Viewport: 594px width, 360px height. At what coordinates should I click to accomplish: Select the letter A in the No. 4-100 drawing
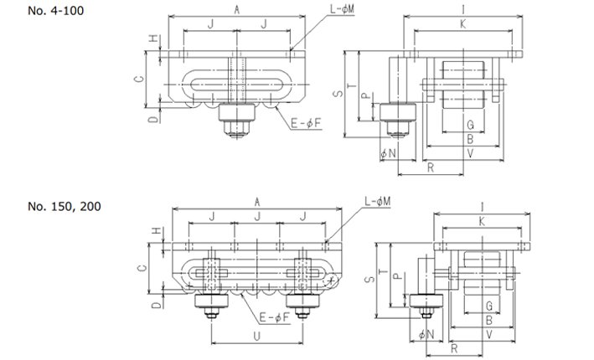[x=237, y=10]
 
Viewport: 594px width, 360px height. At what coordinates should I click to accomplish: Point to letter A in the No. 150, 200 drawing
[x=256, y=201]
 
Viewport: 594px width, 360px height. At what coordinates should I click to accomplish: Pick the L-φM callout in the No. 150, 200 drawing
[x=381, y=202]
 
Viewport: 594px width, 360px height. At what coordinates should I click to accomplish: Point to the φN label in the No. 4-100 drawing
[x=387, y=154]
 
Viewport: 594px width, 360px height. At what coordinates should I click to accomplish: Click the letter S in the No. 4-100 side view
[x=337, y=95]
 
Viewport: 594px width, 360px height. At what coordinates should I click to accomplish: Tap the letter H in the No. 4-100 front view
[x=152, y=39]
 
